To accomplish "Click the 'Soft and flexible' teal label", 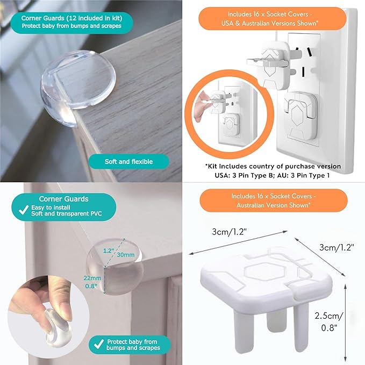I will coord(129,161).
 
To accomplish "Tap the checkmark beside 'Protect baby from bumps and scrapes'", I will coord(98,345).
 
